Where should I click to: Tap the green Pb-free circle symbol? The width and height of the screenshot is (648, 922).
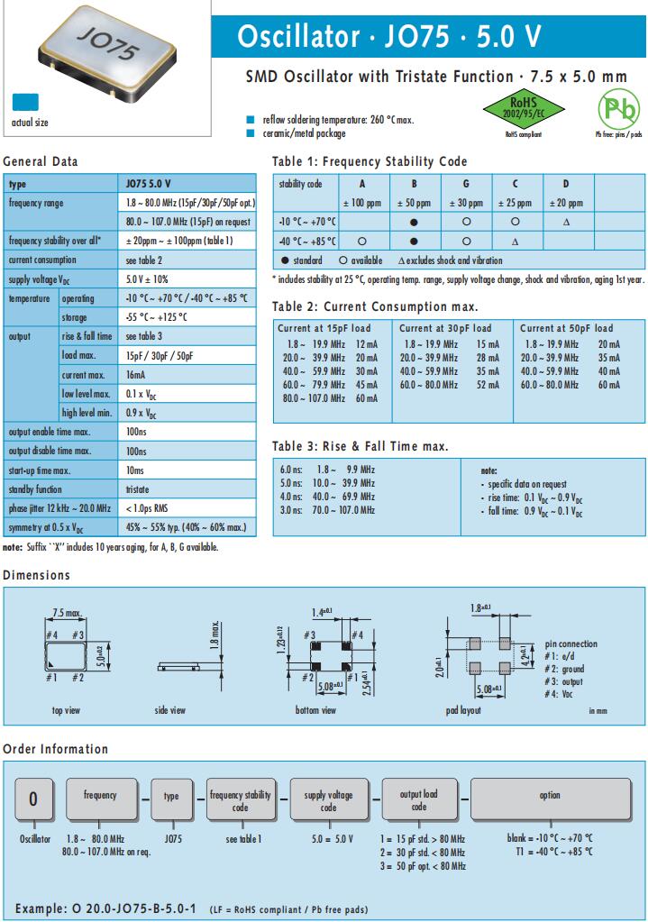click(x=618, y=109)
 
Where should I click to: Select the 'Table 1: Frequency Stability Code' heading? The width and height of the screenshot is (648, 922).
click(x=370, y=162)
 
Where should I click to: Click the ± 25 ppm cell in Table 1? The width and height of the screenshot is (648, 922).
click(x=515, y=204)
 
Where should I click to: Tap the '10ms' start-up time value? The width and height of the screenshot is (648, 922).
click(x=134, y=470)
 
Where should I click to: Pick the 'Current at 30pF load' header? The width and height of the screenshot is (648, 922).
click(x=445, y=328)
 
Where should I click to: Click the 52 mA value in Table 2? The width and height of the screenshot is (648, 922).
click(x=488, y=385)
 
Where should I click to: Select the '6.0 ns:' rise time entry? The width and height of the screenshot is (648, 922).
click(x=291, y=470)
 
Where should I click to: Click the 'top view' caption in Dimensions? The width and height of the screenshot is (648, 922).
click(x=66, y=711)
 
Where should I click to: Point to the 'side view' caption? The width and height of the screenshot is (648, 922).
click(x=169, y=711)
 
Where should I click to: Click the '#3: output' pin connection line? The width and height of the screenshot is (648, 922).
click(x=566, y=682)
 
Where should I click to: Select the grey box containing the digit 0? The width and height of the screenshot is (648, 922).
click(x=33, y=798)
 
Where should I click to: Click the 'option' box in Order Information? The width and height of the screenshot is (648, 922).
click(x=550, y=796)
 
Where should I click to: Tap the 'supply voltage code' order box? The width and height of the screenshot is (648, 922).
click(x=328, y=797)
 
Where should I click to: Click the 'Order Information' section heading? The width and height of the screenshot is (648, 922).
click(x=56, y=749)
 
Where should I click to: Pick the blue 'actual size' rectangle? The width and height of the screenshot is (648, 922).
click(x=25, y=102)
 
